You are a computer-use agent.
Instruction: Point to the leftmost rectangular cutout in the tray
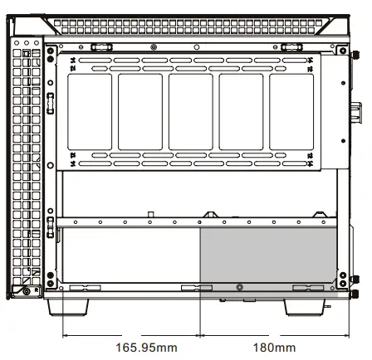[90, 111]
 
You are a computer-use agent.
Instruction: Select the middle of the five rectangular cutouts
[190, 111]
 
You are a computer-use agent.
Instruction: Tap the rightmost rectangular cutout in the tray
[291, 111]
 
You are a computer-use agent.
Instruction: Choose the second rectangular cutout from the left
[140, 111]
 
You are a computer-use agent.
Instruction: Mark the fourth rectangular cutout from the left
[241, 111]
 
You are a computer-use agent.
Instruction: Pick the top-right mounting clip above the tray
[291, 45]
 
